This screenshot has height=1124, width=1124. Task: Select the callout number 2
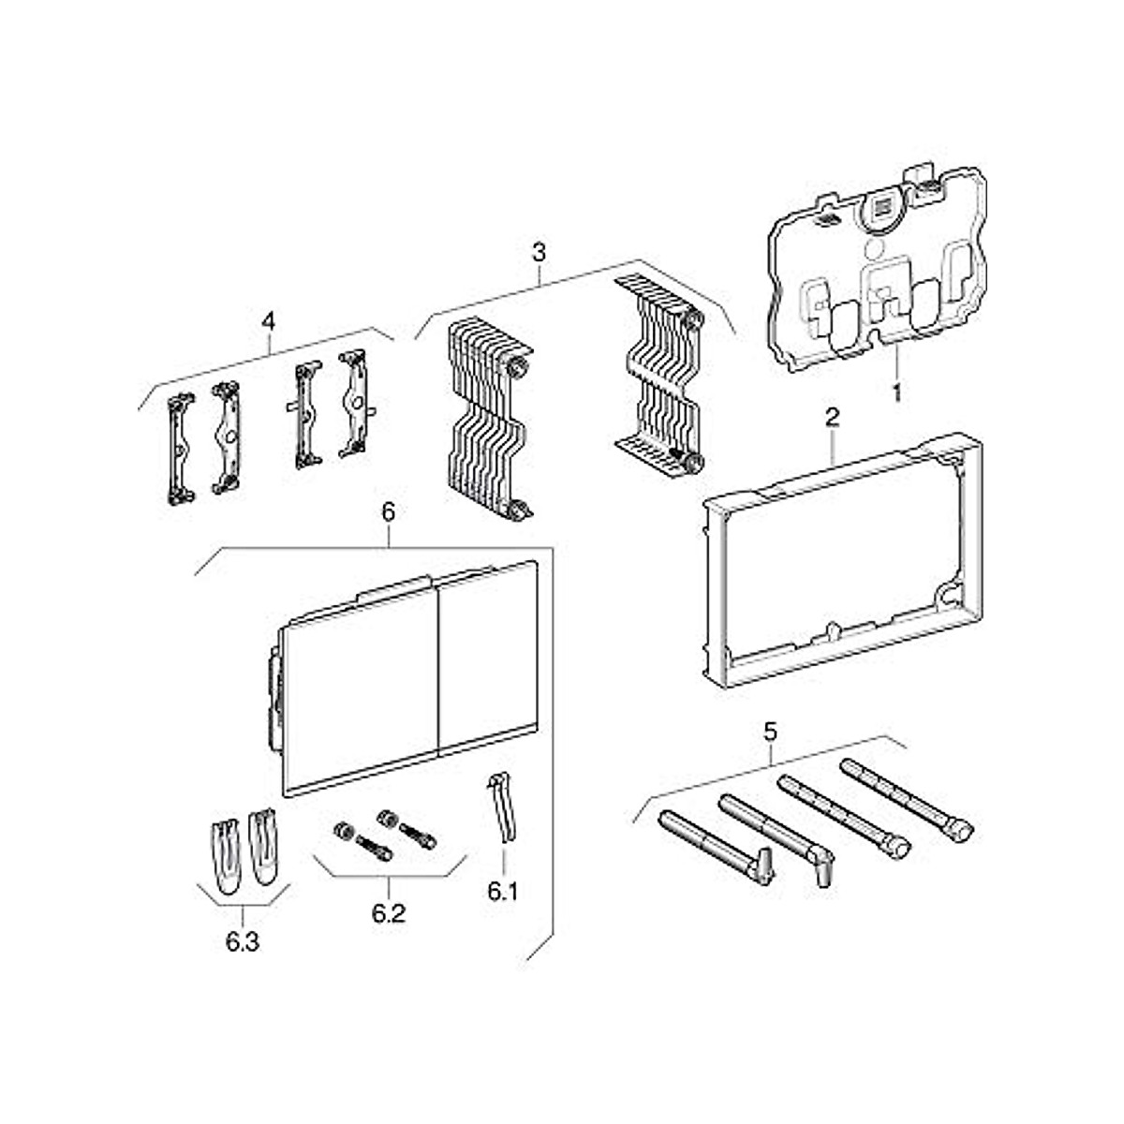coord(833,418)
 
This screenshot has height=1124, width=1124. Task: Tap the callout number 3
coord(539,253)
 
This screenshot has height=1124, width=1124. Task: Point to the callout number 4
coord(269,320)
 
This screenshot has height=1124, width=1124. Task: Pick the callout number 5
coord(769,732)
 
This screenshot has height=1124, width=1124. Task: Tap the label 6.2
coord(388,912)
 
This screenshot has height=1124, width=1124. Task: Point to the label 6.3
coord(242,941)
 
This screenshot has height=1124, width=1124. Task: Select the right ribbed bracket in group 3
coord(660,375)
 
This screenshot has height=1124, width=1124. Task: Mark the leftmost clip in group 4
coord(180,448)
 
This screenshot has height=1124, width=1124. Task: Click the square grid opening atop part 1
coord(881,208)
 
